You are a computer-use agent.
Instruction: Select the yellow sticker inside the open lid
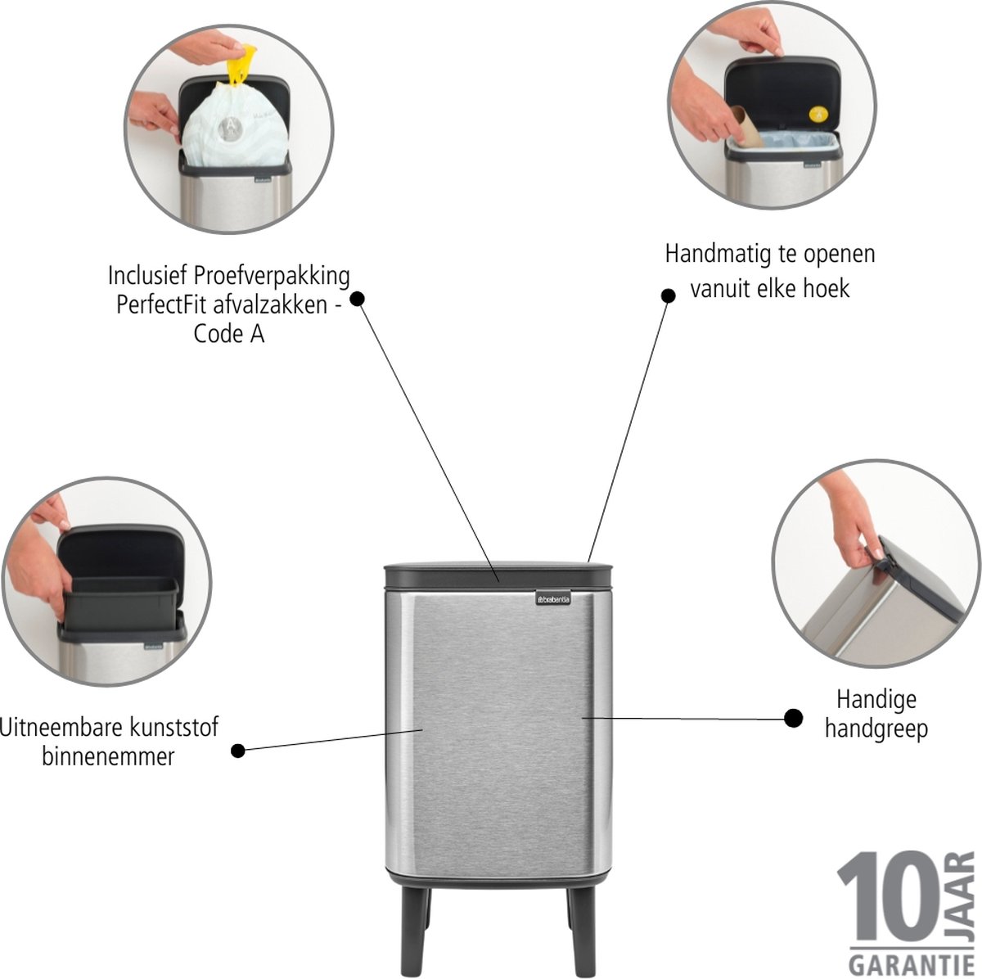point(817,113)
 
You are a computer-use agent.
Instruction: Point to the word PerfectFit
point(164,306)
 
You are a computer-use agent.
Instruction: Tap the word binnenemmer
point(108,756)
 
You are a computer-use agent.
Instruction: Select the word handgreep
point(876,729)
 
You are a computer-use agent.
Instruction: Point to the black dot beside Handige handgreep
point(794,719)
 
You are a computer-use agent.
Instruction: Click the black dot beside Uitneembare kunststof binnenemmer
point(238,751)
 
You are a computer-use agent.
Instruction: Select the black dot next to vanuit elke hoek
point(668,296)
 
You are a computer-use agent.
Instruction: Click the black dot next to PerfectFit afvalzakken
point(358,299)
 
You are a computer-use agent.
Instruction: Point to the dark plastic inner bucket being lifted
point(120,602)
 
